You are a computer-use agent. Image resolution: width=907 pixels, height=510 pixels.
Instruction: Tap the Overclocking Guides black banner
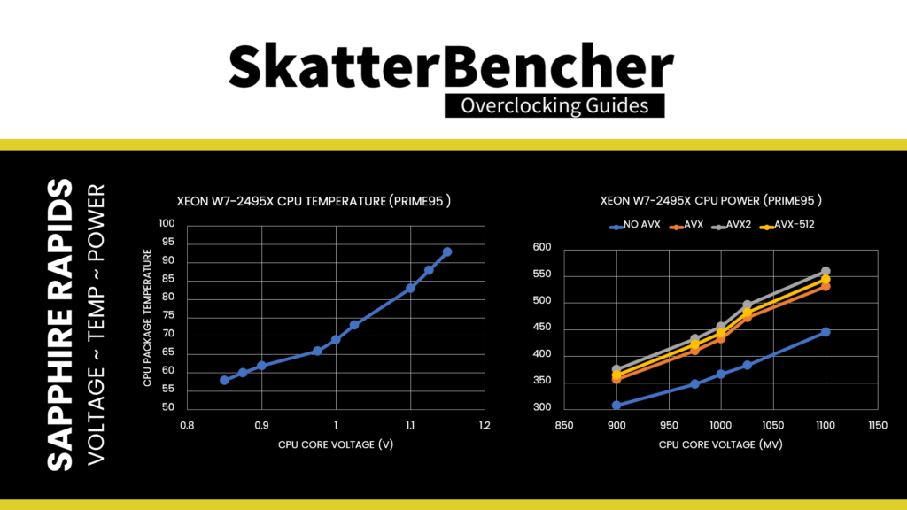point(554,106)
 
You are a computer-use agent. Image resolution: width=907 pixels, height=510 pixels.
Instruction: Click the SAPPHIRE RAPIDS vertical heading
point(60,325)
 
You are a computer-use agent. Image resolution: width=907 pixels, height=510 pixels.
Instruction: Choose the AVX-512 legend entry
point(790,225)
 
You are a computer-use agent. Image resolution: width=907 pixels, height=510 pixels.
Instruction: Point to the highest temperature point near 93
point(447,252)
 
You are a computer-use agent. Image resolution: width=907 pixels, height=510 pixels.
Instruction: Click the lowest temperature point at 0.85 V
point(224,380)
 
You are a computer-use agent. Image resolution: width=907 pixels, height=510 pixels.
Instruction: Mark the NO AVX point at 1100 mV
point(826,332)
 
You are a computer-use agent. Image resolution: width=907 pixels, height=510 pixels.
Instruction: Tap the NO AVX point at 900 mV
point(616,406)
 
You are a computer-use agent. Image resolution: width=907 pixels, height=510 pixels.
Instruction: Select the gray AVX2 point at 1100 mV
point(826,271)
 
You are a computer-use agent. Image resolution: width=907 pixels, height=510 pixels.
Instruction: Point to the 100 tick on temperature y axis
point(167,224)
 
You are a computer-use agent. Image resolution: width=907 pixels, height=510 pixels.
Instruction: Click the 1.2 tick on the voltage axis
point(485,426)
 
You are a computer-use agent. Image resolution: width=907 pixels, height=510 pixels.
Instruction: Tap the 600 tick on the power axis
point(541,248)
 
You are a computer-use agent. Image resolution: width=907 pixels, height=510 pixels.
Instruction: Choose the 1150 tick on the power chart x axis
point(878,426)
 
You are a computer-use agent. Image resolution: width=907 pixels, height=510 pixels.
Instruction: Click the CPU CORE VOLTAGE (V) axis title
point(336,444)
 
